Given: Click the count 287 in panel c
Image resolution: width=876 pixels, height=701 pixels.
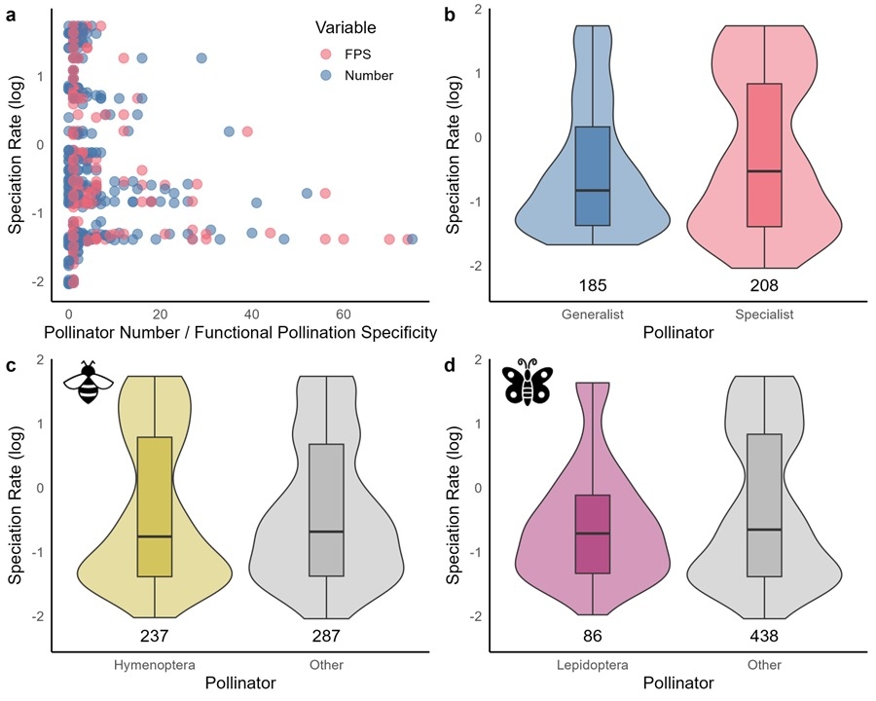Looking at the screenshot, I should coord(326,637).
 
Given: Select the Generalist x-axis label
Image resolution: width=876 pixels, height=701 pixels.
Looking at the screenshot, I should coord(592,314).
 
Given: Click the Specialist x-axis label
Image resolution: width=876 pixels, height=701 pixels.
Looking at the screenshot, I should coord(765,314).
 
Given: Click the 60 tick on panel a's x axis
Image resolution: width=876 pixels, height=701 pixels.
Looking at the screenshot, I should coord(344,314).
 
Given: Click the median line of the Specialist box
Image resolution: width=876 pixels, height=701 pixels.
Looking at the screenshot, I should coord(765,171).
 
